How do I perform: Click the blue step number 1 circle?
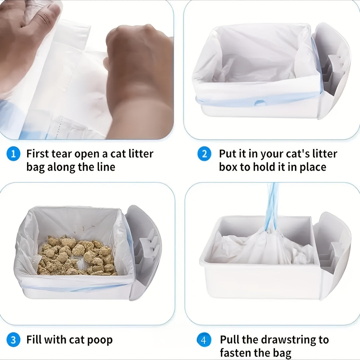pos(13,154)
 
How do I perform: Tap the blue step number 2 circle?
pos(204,154)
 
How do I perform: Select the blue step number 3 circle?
pos(13,340)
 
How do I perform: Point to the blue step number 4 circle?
pos(204,340)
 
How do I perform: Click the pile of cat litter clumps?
pos(77,255)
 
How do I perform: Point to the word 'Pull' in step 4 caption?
pos(229,339)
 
